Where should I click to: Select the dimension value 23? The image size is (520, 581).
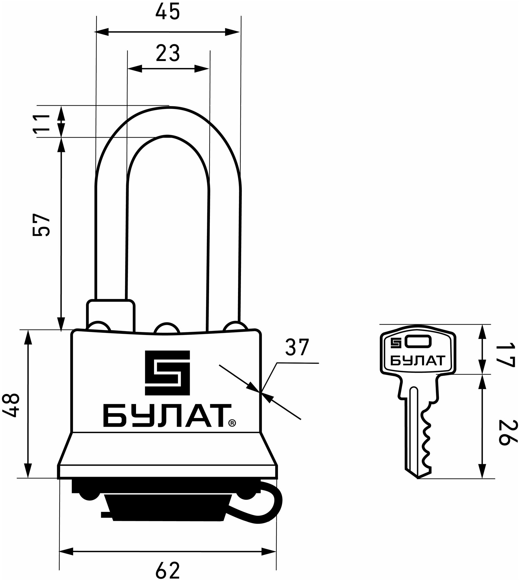pyautogui.click(x=168, y=53)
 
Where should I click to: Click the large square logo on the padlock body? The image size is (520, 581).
pyautogui.click(x=167, y=373)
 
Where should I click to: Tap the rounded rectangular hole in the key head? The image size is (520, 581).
pyautogui.click(x=419, y=342)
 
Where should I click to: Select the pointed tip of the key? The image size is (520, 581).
pyautogui.click(x=418, y=478)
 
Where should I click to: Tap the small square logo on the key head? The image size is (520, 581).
pyautogui.click(x=396, y=343)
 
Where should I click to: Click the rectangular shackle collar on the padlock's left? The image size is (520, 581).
pyautogui.click(x=110, y=315)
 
